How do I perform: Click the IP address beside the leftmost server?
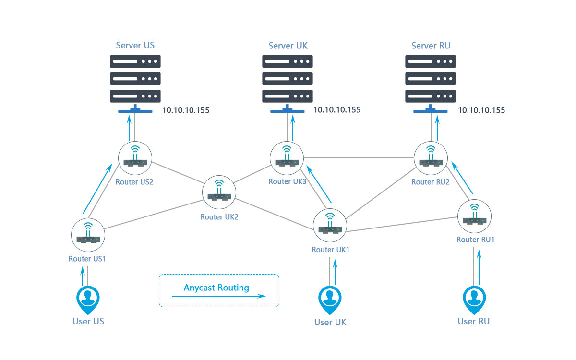(x=186, y=110)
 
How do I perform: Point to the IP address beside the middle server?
(x=337, y=110)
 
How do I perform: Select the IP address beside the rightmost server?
(x=481, y=110)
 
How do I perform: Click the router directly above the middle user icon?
(x=330, y=225)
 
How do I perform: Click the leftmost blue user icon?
(x=88, y=300)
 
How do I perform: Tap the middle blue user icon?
(x=330, y=299)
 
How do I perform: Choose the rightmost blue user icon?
(x=474, y=299)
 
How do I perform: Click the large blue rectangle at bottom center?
(x=219, y=290)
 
